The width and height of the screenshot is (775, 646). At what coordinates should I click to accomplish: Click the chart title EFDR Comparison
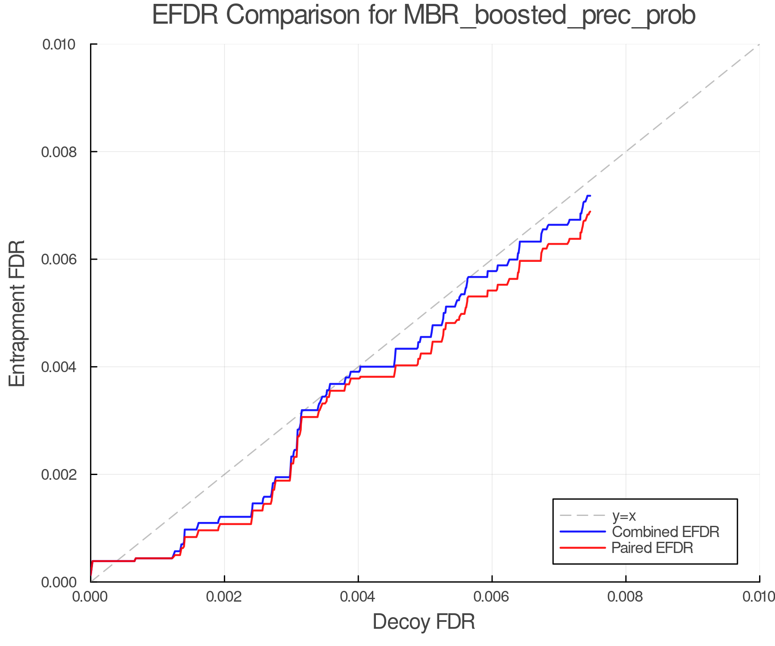tap(424, 16)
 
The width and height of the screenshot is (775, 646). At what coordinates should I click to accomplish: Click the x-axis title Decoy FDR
tap(424, 622)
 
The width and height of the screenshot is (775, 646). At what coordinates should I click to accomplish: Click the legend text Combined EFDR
tap(665, 532)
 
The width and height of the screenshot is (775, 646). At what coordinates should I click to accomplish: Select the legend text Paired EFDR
tap(652, 548)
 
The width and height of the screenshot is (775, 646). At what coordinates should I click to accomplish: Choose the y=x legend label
tap(624, 516)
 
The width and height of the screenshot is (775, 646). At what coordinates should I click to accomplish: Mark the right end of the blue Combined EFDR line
tap(590, 196)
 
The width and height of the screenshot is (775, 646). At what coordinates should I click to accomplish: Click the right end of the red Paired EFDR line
tap(590, 211)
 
